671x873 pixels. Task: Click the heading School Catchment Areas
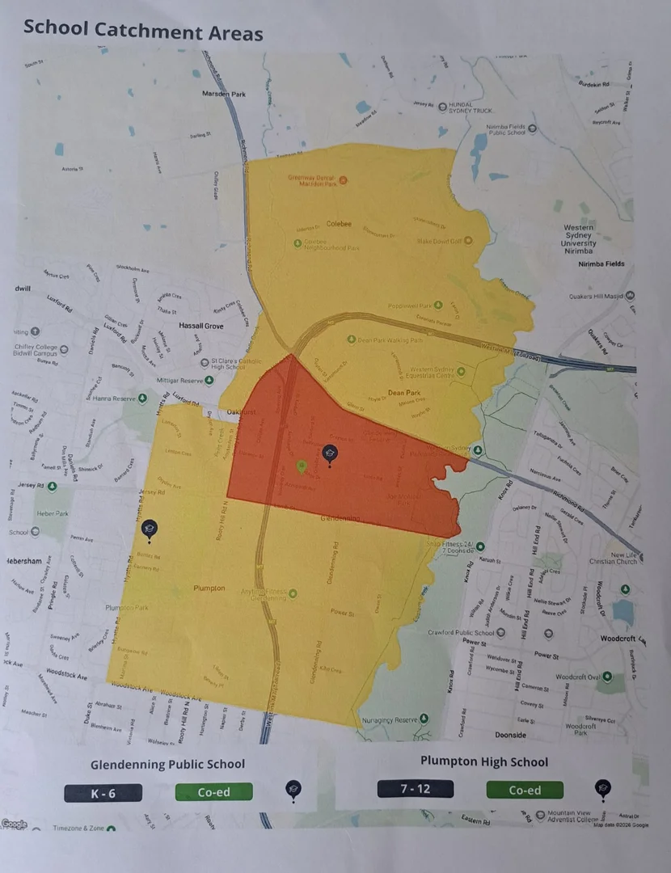click(x=143, y=31)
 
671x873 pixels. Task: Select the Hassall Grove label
click(x=201, y=325)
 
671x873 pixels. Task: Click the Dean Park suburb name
click(x=406, y=392)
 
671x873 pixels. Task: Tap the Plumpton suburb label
click(x=209, y=588)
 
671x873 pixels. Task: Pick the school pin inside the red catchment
click(x=329, y=455)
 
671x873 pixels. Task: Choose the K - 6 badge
click(x=103, y=793)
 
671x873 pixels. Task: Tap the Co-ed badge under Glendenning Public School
click(x=213, y=792)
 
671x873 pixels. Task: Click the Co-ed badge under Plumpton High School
click(x=525, y=790)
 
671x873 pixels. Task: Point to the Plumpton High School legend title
click(x=484, y=761)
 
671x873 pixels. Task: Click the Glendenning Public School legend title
click(x=167, y=764)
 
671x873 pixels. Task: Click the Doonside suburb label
click(x=509, y=735)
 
